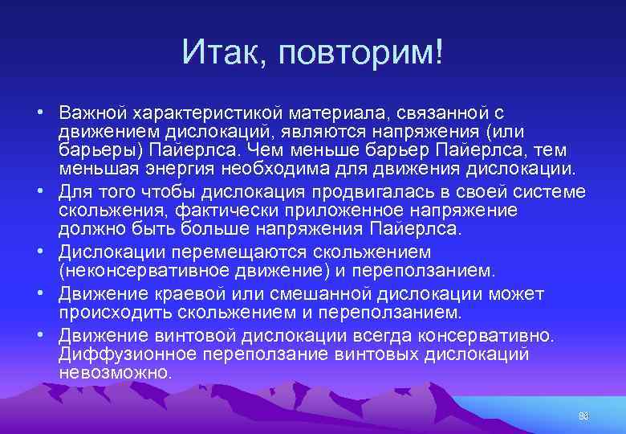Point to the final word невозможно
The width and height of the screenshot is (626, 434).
pyautogui.click(x=115, y=372)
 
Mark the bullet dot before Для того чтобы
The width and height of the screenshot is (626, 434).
pyautogui.click(x=39, y=192)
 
